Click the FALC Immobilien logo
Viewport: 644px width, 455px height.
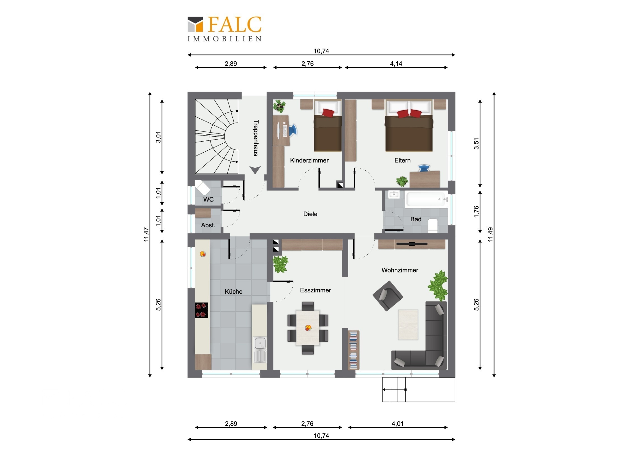(x=224, y=29)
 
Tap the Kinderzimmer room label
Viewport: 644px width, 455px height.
(x=309, y=160)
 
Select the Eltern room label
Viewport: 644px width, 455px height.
(x=402, y=160)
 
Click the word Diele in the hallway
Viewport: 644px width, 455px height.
(x=310, y=214)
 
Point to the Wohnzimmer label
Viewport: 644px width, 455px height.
(x=400, y=270)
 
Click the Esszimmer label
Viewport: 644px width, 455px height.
(x=315, y=290)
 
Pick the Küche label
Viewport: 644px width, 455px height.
(x=233, y=292)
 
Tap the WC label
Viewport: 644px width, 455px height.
(x=208, y=199)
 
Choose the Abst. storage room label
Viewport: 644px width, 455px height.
(x=208, y=225)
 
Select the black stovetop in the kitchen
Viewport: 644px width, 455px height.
(x=201, y=310)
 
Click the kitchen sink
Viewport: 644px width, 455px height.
(x=260, y=349)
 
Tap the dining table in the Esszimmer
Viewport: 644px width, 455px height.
(x=308, y=328)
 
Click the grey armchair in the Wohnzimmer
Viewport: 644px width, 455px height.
(x=388, y=296)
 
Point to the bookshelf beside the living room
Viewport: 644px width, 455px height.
(x=353, y=350)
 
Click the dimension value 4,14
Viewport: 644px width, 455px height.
(x=396, y=64)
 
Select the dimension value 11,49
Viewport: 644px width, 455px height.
(x=490, y=234)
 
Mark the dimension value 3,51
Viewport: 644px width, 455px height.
(x=476, y=144)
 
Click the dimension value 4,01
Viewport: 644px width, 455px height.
(x=397, y=424)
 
